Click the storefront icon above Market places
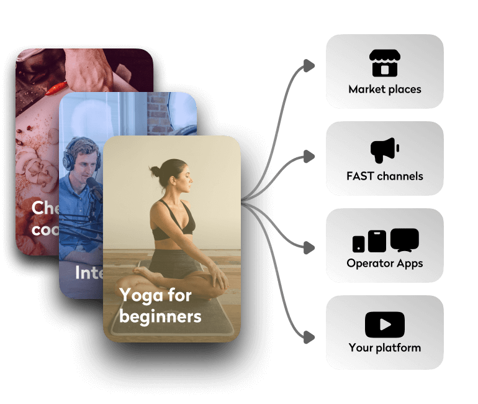point(384,63)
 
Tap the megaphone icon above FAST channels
point(384,150)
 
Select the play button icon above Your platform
point(385,324)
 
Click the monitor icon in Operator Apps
point(404,240)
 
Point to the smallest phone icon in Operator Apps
point(359,244)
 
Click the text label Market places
point(385,90)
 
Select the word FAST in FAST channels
point(360,176)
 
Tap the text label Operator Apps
point(385,263)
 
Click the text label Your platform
point(385,347)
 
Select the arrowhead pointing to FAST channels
point(309,157)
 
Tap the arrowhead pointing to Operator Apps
point(309,247)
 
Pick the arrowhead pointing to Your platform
point(309,337)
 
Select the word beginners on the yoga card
point(160,316)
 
